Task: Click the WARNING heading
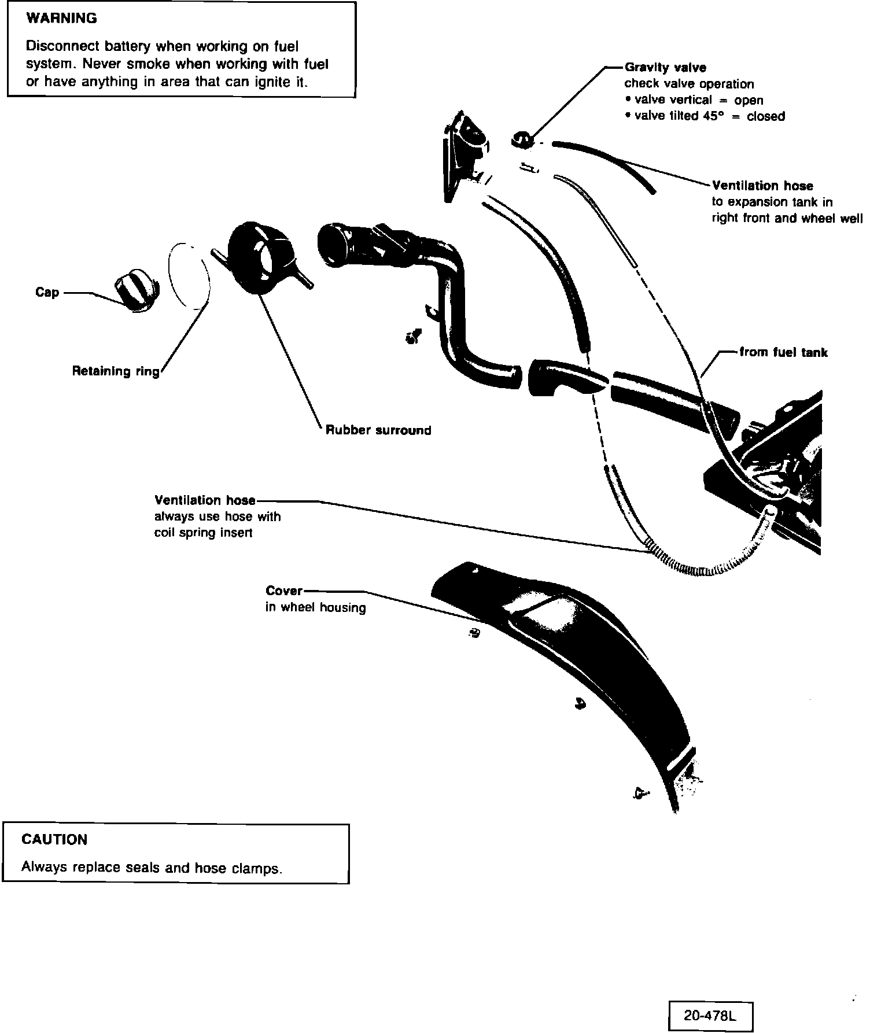[62, 19]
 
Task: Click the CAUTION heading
[54, 839]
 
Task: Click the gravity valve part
[521, 138]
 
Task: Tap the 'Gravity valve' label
[665, 68]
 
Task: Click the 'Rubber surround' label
[378, 430]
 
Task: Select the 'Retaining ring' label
[116, 371]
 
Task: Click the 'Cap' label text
[47, 292]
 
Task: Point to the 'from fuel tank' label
[783, 352]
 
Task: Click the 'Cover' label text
[284, 591]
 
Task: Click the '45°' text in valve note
[713, 116]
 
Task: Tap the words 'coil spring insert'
[203, 533]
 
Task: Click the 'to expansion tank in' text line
[772, 202]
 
